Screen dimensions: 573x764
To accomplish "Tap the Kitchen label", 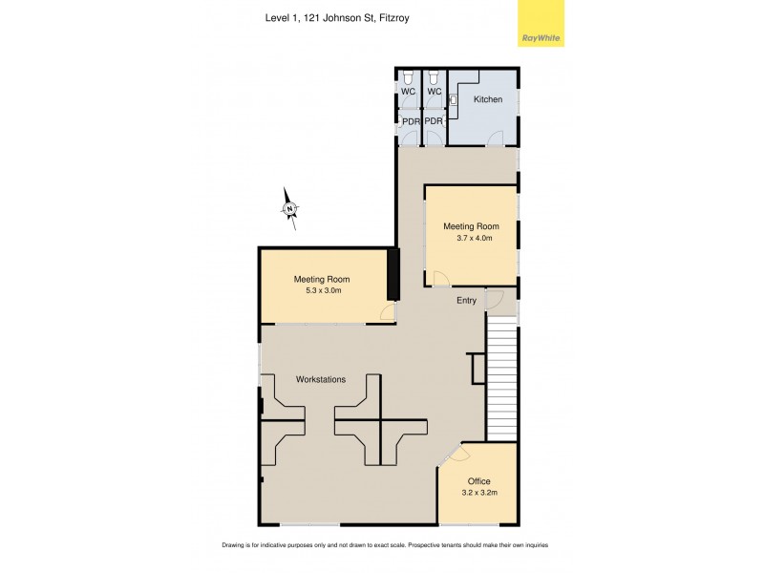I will (488, 99).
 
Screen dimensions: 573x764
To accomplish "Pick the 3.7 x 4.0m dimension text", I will (471, 238).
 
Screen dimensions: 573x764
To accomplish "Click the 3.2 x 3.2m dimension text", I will (478, 493).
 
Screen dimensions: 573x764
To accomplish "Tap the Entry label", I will (465, 301).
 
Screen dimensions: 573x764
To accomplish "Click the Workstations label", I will (321, 380).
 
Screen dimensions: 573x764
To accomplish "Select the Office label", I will (478, 480).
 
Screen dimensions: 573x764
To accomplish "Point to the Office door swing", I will (452, 456).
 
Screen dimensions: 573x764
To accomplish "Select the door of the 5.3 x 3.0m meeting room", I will (387, 313).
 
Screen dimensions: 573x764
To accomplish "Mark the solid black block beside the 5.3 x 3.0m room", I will (392, 275).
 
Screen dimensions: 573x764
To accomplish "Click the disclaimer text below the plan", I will (384, 545).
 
